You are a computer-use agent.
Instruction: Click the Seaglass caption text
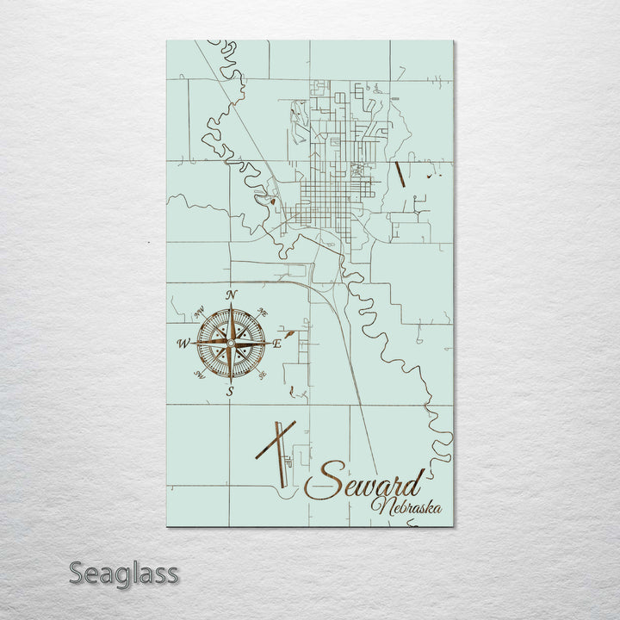pyautogui.click(x=124, y=573)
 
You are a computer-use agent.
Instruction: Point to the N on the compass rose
pyautogui.click(x=231, y=295)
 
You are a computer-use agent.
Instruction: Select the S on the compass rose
pyautogui.click(x=230, y=392)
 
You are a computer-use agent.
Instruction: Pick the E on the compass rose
pyautogui.click(x=277, y=344)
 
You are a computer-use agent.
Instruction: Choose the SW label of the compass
pyautogui.click(x=199, y=375)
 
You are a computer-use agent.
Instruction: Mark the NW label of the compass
pyautogui.click(x=199, y=312)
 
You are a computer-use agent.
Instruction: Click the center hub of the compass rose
pyautogui.click(x=230, y=344)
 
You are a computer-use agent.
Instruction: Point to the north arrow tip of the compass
pyautogui.click(x=230, y=307)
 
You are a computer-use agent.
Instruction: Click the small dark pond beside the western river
pyautogui.click(x=273, y=201)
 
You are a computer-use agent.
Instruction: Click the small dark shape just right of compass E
pyautogui.click(x=292, y=332)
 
